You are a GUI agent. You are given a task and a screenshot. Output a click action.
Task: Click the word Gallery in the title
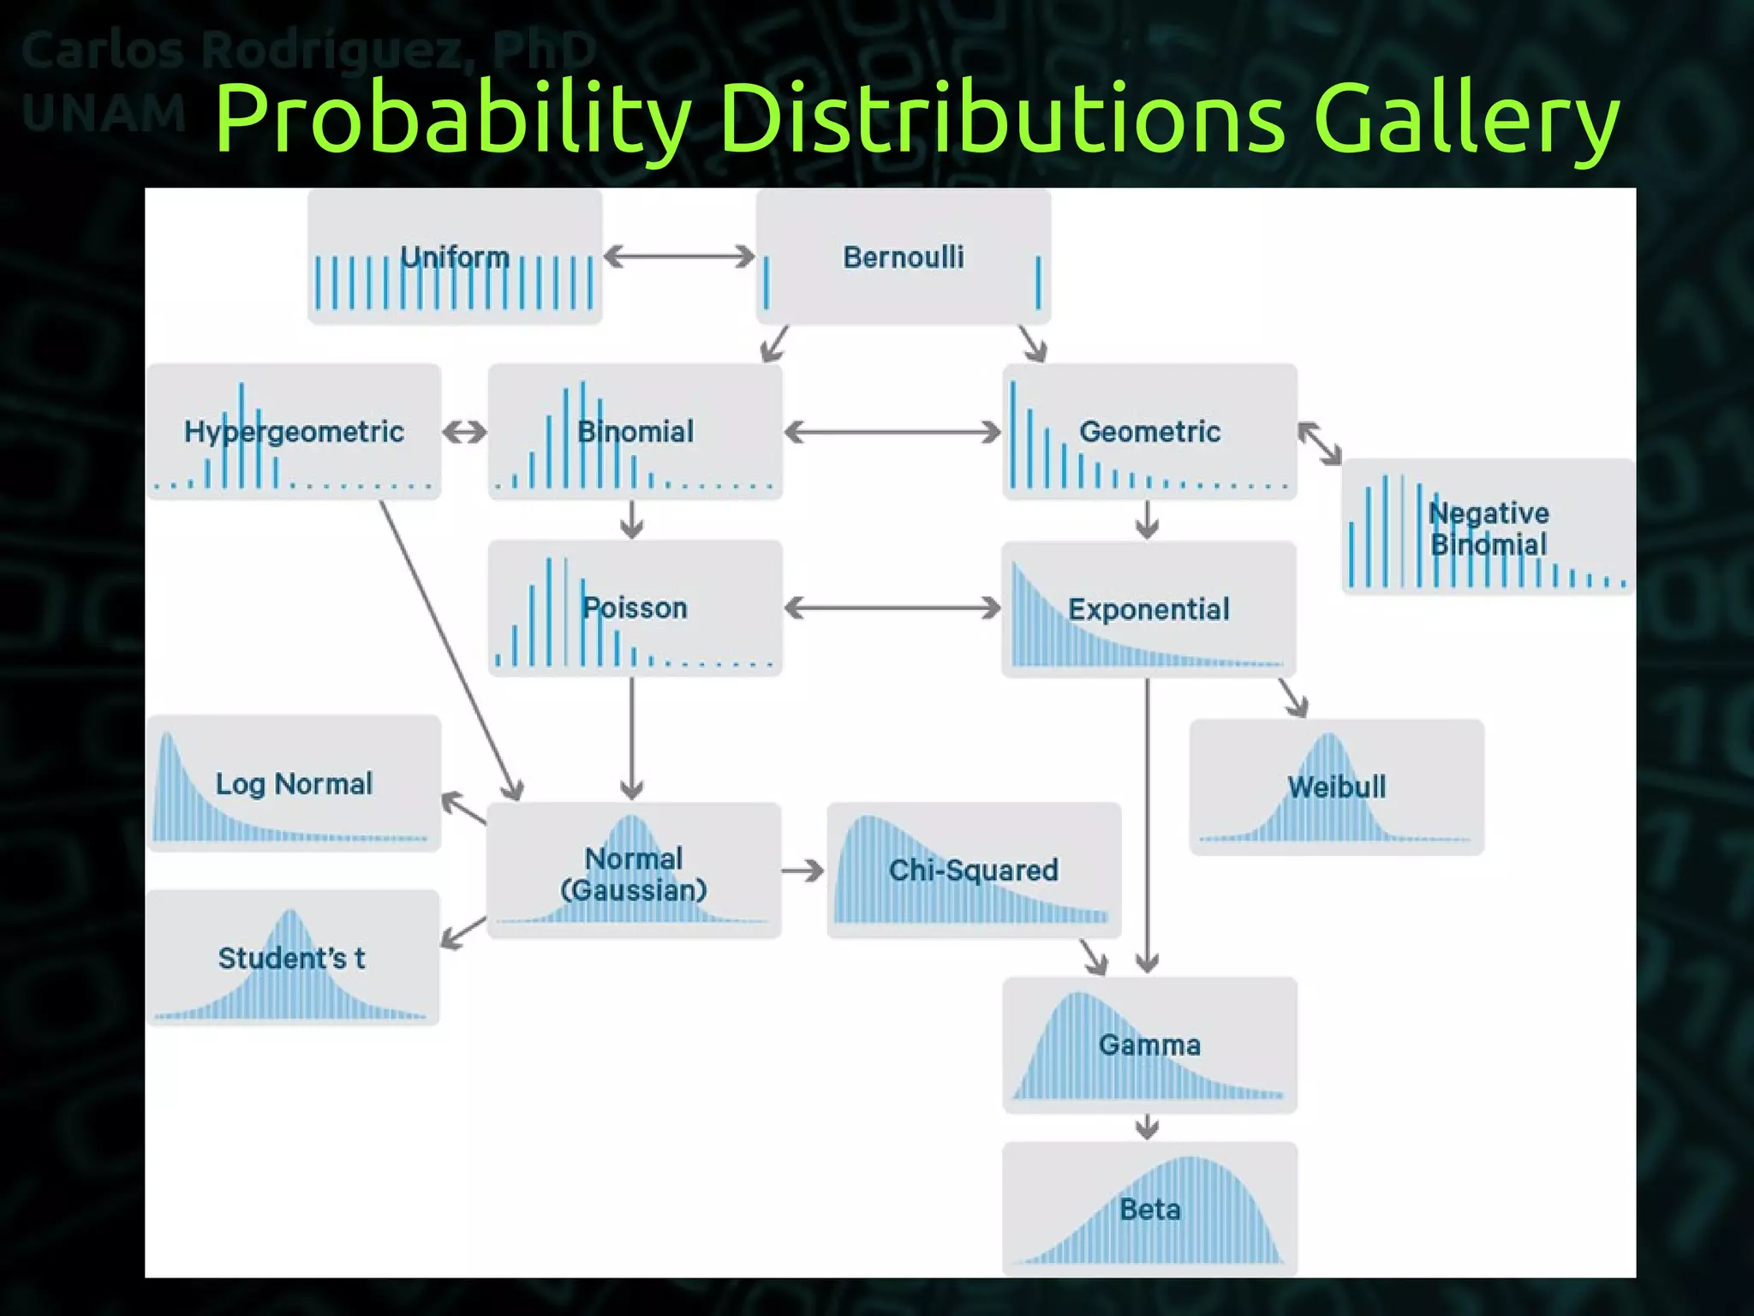tap(1466, 120)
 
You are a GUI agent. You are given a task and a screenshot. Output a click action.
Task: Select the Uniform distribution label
tap(455, 257)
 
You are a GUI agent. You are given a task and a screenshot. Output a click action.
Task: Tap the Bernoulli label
tap(904, 257)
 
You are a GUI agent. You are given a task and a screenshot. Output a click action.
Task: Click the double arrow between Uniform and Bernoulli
tap(679, 256)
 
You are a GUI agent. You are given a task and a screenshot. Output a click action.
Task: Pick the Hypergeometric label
tap(294, 432)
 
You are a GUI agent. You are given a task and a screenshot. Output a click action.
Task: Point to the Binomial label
tap(635, 432)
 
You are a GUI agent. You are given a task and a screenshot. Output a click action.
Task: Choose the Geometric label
tap(1149, 432)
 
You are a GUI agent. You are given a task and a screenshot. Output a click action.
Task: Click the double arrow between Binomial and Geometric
tap(892, 432)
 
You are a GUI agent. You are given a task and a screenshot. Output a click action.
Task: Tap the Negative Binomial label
tap(1489, 529)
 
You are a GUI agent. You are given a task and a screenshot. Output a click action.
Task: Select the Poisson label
tap(635, 608)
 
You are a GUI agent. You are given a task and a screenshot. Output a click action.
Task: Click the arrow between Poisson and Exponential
tap(892, 608)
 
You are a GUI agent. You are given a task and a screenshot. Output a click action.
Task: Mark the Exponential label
tap(1148, 610)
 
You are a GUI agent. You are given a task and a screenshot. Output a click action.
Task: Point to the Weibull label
tap(1336, 787)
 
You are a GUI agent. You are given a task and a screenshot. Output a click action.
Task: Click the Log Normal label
tap(294, 784)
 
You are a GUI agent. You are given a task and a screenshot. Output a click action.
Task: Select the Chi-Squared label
tap(974, 870)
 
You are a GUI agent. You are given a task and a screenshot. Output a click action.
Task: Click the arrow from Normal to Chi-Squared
tap(803, 871)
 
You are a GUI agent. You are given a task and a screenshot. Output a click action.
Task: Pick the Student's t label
tap(291, 958)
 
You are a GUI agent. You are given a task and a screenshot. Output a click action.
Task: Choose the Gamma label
tap(1149, 1045)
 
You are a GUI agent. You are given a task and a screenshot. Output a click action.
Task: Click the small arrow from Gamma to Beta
tap(1148, 1128)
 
